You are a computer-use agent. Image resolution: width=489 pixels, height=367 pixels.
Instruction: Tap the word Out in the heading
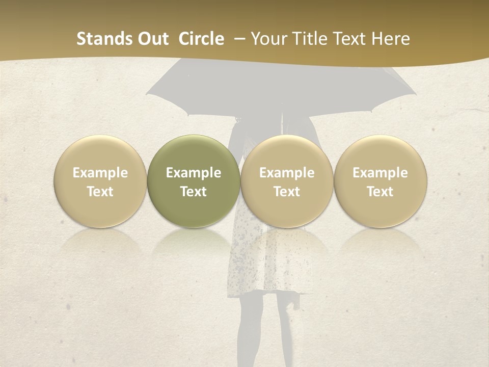click(x=152, y=39)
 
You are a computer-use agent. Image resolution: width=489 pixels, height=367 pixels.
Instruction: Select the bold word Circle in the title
click(x=201, y=39)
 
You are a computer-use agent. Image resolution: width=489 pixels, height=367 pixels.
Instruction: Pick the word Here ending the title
click(x=391, y=39)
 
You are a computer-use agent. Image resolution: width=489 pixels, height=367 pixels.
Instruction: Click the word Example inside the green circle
click(x=194, y=173)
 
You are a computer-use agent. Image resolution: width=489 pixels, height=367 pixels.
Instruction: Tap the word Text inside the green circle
click(x=194, y=192)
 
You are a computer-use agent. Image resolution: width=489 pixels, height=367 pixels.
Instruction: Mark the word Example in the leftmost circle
click(x=100, y=173)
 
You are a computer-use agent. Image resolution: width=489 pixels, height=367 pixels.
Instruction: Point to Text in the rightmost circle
click(x=380, y=192)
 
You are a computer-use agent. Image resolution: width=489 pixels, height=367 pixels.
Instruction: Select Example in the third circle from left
click(x=287, y=173)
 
